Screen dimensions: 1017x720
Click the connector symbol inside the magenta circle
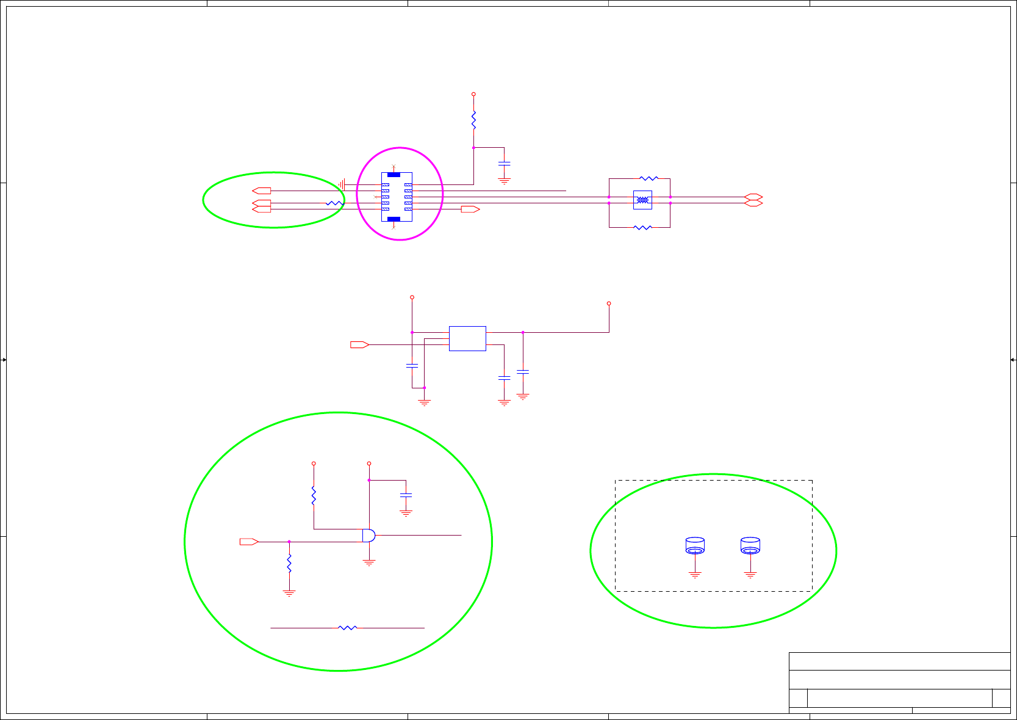click(397, 197)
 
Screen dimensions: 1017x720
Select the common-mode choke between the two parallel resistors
click(642, 200)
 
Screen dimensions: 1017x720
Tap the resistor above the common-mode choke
click(649, 178)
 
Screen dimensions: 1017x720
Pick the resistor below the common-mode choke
click(642, 227)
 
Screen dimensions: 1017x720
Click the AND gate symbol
click(369, 536)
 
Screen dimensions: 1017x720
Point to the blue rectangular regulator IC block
click(467, 338)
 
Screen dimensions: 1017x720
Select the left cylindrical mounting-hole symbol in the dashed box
click(695, 545)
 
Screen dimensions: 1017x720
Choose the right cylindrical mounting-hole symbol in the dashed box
click(750, 545)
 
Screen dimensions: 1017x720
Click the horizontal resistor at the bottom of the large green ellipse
click(347, 627)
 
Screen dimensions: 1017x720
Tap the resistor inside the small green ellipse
click(334, 203)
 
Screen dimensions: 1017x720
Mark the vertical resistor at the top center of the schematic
click(473, 120)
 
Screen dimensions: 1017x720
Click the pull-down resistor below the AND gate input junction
click(289, 563)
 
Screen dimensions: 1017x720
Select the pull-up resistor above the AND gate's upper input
click(314, 495)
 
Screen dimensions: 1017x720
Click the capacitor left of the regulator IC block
click(412, 365)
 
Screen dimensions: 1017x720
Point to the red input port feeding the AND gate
click(249, 542)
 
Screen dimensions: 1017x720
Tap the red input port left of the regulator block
click(359, 344)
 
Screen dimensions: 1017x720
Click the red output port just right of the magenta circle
click(470, 209)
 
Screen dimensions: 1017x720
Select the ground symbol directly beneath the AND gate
click(369, 562)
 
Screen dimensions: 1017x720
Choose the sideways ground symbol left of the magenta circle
click(342, 184)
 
